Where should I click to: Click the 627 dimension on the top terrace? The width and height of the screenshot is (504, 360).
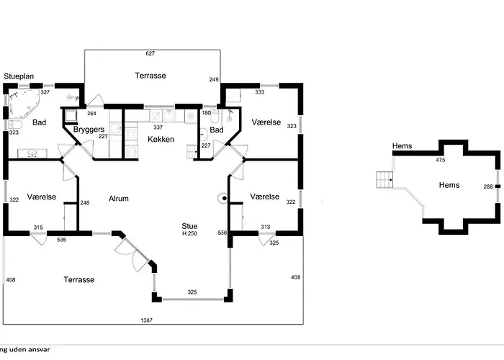coord(150,53)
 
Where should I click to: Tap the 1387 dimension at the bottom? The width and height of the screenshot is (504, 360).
coord(145,320)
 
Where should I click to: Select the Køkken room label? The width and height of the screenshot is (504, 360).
coord(161,139)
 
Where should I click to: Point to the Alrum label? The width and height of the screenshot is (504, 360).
coord(119,198)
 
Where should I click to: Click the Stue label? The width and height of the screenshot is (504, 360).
coord(189,226)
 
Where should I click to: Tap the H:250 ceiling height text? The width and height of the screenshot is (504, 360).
coord(189,234)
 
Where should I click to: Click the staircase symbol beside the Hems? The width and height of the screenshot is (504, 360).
coord(384,179)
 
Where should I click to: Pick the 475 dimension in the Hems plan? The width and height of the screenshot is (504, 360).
coord(441,161)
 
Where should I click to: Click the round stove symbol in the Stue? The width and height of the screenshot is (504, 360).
coord(224,198)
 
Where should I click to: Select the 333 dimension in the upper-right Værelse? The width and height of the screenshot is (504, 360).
coord(259,92)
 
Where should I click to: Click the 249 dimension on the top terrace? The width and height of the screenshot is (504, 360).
coord(213,79)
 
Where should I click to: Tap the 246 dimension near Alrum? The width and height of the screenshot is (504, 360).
coord(84,203)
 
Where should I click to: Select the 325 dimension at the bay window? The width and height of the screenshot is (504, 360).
coord(192,292)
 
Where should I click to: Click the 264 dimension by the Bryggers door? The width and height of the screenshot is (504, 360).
coord(92,113)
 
